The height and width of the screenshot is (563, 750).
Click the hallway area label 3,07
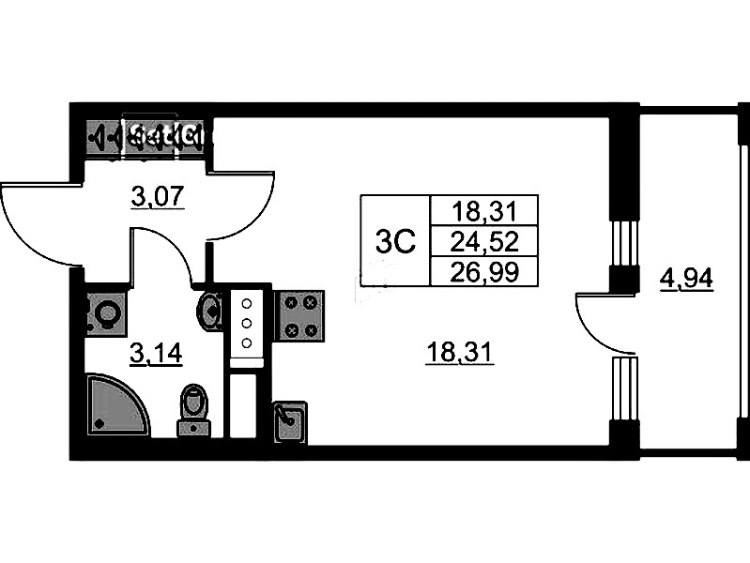156,197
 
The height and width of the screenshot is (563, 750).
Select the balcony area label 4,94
686,279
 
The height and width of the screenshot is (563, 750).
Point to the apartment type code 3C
394,241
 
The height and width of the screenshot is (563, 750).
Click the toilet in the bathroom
194,409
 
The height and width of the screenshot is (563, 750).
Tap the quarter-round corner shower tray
114,406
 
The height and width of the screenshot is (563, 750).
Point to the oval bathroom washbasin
211,311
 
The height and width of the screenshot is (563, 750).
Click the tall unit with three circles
247,325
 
